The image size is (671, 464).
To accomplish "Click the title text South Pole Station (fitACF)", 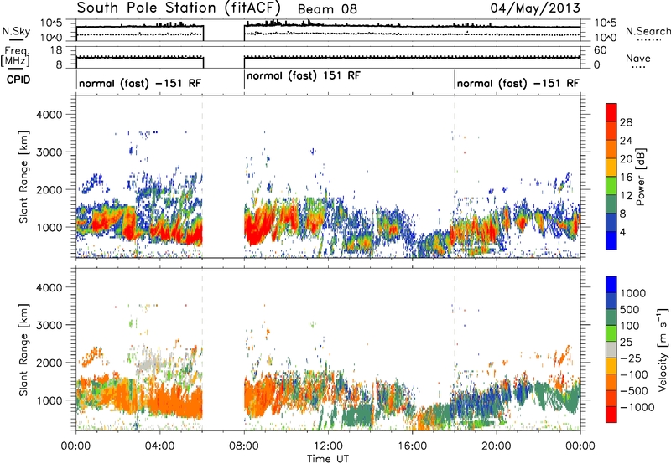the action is [x=179, y=8].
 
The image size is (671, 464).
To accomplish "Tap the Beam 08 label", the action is [x=327, y=9].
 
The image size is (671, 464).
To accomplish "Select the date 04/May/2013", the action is [x=535, y=8].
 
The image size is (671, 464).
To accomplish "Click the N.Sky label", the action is [x=16, y=32].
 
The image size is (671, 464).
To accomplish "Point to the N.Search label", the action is [x=648, y=31].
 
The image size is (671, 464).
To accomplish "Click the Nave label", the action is [x=638, y=58].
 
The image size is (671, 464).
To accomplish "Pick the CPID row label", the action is [x=18, y=80].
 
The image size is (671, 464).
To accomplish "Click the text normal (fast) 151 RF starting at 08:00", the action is [x=304, y=75].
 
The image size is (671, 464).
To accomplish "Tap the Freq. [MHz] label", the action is [x=16, y=56].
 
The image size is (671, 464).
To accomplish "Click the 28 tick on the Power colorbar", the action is [x=626, y=122].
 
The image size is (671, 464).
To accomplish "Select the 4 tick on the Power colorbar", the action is [x=623, y=233].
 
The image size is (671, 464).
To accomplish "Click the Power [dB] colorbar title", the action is [x=641, y=177].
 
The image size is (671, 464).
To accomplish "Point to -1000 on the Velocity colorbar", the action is [x=637, y=407].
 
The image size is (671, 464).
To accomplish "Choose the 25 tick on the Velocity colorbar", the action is [x=627, y=343].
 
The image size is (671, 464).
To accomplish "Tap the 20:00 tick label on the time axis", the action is [x=497, y=446].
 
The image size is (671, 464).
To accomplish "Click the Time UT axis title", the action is [x=328, y=459].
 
